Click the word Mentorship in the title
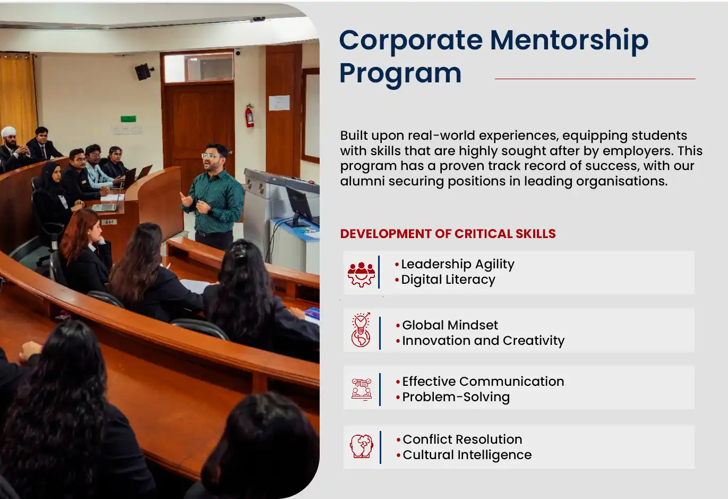pyautogui.click(x=569, y=41)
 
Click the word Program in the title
pyautogui.click(x=400, y=74)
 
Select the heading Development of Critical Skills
pyautogui.click(x=448, y=234)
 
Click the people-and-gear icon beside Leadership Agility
pyautogui.click(x=361, y=274)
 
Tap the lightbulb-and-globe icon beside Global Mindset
pyautogui.click(x=361, y=330)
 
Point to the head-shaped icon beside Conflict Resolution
pyautogui.click(x=362, y=446)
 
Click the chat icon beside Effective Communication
pyautogui.click(x=362, y=389)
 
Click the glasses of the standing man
pyautogui.click(x=210, y=156)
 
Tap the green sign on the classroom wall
pyautogui.click(x=129, y=119)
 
